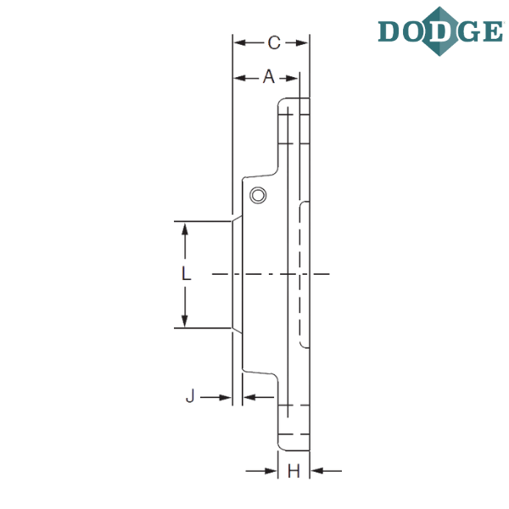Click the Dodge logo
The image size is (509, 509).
tap(440, 31)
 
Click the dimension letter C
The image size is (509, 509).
tap(274, 43)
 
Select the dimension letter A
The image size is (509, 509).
tap(269, 77)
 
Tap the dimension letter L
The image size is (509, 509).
tap(186, 273)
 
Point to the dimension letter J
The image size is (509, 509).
tap(190, 395)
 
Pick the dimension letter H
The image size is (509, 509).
tap(294, 471)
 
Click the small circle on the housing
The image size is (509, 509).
tap(258, 195)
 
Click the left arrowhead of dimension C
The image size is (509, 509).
tap(239, 42)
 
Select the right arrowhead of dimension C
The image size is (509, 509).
tap(302, 43)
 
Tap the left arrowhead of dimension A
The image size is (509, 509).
tap(239, 78)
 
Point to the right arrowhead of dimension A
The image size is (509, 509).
tap(292, 78)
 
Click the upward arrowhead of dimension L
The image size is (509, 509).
tap(185, 229)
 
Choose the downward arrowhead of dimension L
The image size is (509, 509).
tap(185, 321)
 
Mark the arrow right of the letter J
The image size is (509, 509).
tap(215, 397)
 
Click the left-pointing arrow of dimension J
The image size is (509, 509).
tap(259, 397)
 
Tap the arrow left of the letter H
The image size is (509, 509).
tap(261, 471)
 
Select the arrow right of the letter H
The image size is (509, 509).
tap(327, 470)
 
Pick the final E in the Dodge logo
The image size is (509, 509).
tap(493, 31)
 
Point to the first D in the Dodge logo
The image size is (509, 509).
tap(389, 31)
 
